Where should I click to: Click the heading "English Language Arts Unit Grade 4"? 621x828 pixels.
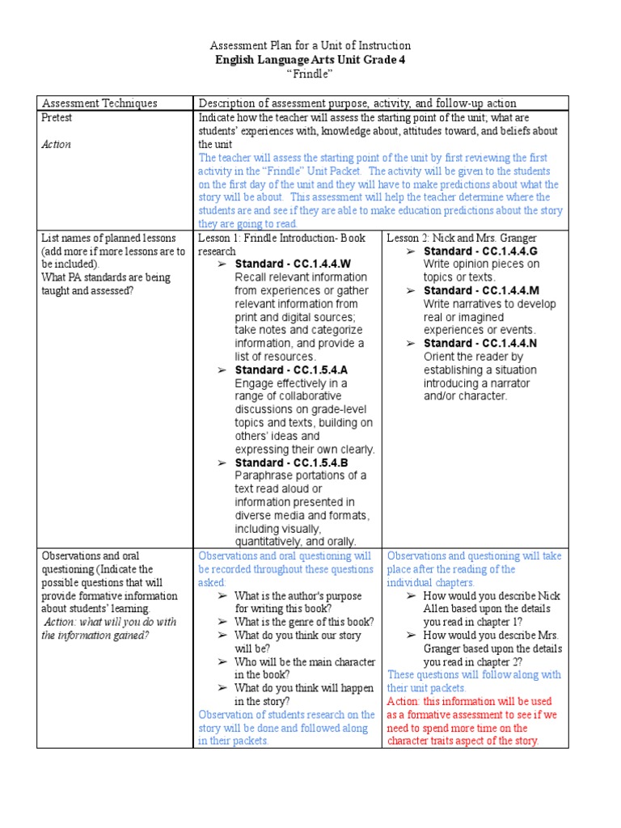point(310,60)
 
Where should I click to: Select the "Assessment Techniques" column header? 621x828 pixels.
point(99,103)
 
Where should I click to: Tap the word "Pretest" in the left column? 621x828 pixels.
point(57,118)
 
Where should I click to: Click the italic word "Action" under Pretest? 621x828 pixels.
point(57,145)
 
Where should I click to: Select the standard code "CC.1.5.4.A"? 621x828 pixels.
point(320,370)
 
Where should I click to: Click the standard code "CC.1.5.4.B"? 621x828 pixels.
point(320,463)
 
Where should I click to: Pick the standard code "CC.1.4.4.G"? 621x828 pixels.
point(509,251)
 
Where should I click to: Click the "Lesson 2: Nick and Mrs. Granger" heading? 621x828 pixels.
point(462,238)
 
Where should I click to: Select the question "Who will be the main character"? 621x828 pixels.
point(304,661)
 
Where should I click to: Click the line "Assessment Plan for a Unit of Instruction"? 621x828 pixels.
point(310,46)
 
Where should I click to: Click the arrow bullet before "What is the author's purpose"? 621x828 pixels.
point(222,596)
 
